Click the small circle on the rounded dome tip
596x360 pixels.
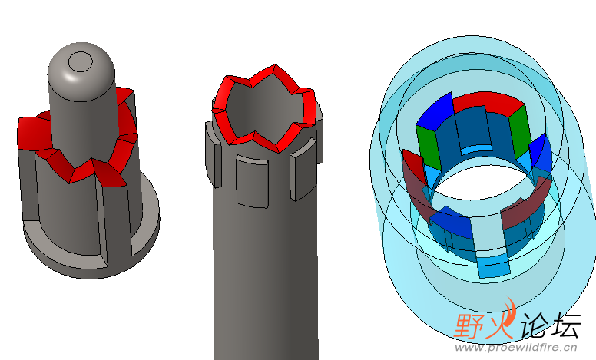point(80,61)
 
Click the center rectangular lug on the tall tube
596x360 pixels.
point(252,181)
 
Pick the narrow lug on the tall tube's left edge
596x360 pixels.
point(214,154)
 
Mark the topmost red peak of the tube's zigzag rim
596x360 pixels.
point(274,67)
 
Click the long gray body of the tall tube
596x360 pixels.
point(266,266)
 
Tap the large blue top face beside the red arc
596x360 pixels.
point(435,112)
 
